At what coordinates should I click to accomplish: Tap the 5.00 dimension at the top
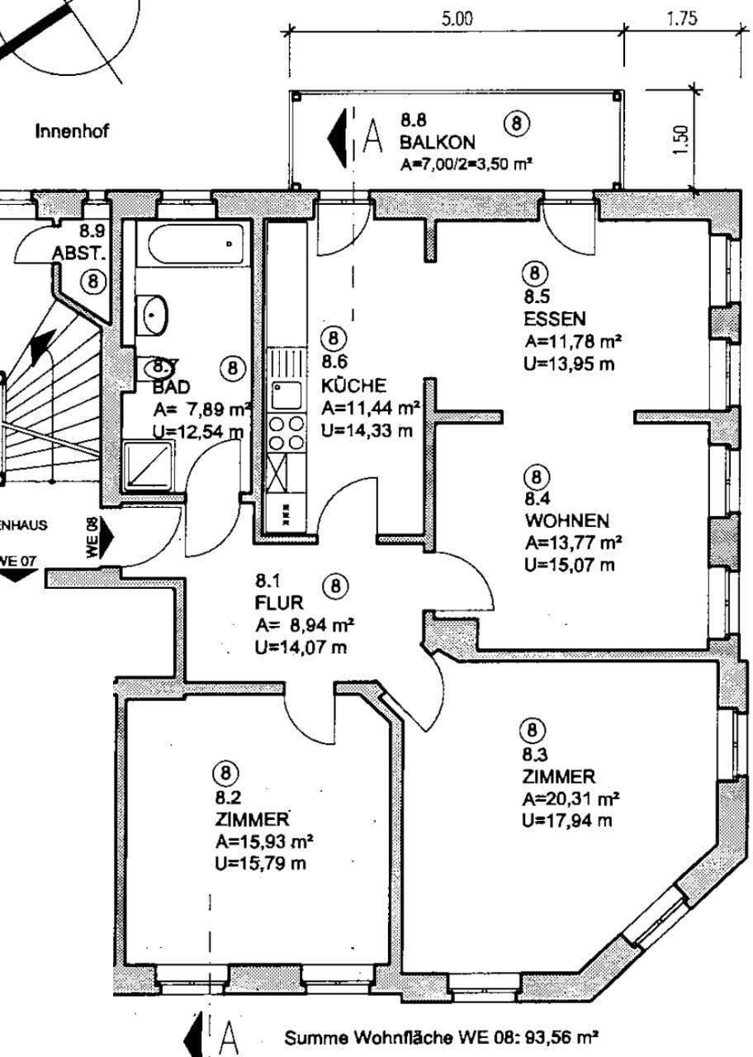(x=457, y=19)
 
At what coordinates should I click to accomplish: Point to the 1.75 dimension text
(x=682, y=19)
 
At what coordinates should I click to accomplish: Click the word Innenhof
(x=72, y=130)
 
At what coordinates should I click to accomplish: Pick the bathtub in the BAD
(x=197, y=244)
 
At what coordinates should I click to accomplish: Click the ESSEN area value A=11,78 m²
(x=572, y=342)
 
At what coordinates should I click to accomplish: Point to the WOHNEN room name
(x=566, y=521)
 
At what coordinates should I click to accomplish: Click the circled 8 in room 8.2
(x=225, y=774)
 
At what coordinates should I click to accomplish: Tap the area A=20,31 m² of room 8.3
(x=571, y=799)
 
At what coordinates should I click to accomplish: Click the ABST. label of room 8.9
(x=73, y=253)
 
